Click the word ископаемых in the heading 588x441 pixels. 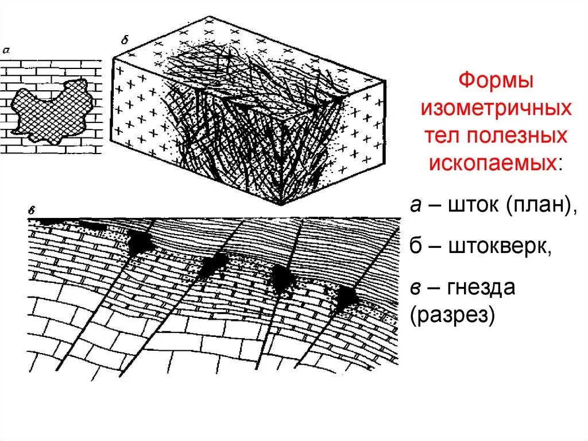coord(493,163)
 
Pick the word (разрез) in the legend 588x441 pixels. coord(452,315)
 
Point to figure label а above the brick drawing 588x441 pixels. coord(6,51)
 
